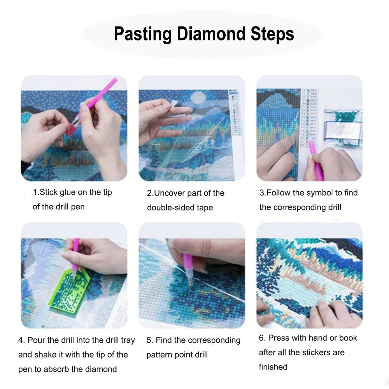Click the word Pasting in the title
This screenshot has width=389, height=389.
[142, 34]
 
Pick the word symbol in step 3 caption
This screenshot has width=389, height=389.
[319, 193]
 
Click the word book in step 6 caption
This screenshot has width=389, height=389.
[348, 338]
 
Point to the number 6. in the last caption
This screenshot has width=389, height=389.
[262, 338]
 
